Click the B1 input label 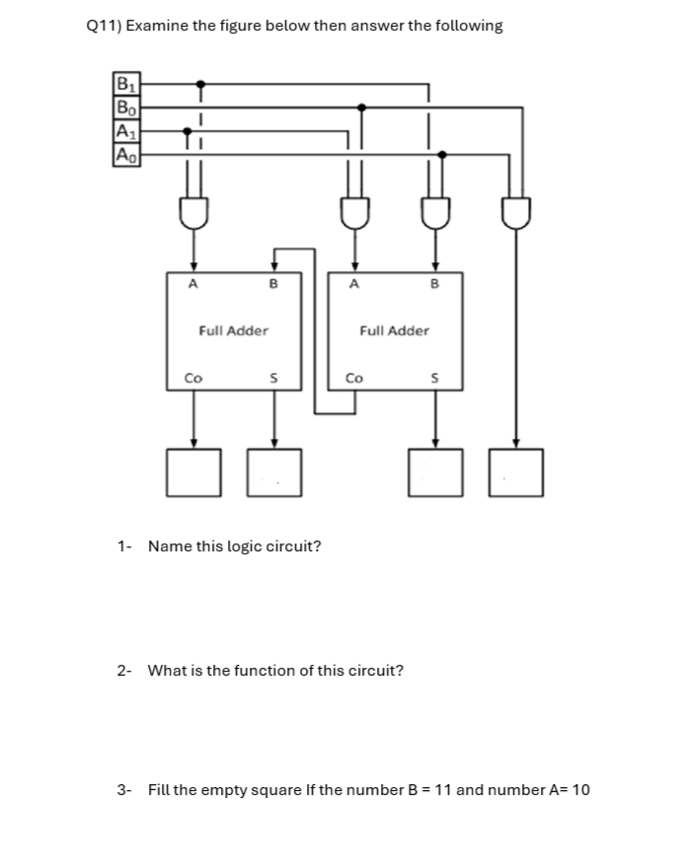124,84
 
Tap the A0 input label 124,154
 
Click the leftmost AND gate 193,211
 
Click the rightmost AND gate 514,211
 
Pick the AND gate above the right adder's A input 354,211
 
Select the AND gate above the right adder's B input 434,211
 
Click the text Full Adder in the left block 233,330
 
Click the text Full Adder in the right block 395,330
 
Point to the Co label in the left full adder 194,378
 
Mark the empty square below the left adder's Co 193,471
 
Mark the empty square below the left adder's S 274,471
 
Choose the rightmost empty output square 514,471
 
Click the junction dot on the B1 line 200,84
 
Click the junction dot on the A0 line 441,154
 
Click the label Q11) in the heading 104,26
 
